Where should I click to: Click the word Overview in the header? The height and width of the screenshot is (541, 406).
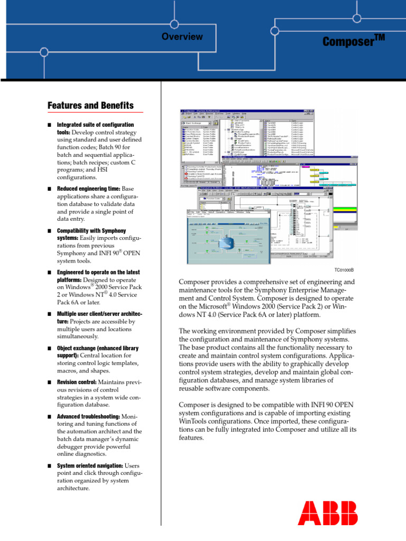(x=182, y=36)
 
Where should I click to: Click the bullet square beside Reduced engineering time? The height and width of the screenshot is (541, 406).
(x=49, y=189)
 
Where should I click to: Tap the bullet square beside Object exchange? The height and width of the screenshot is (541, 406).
(x=49, y=349)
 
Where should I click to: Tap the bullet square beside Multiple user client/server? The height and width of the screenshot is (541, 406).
(x=49, y=314)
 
